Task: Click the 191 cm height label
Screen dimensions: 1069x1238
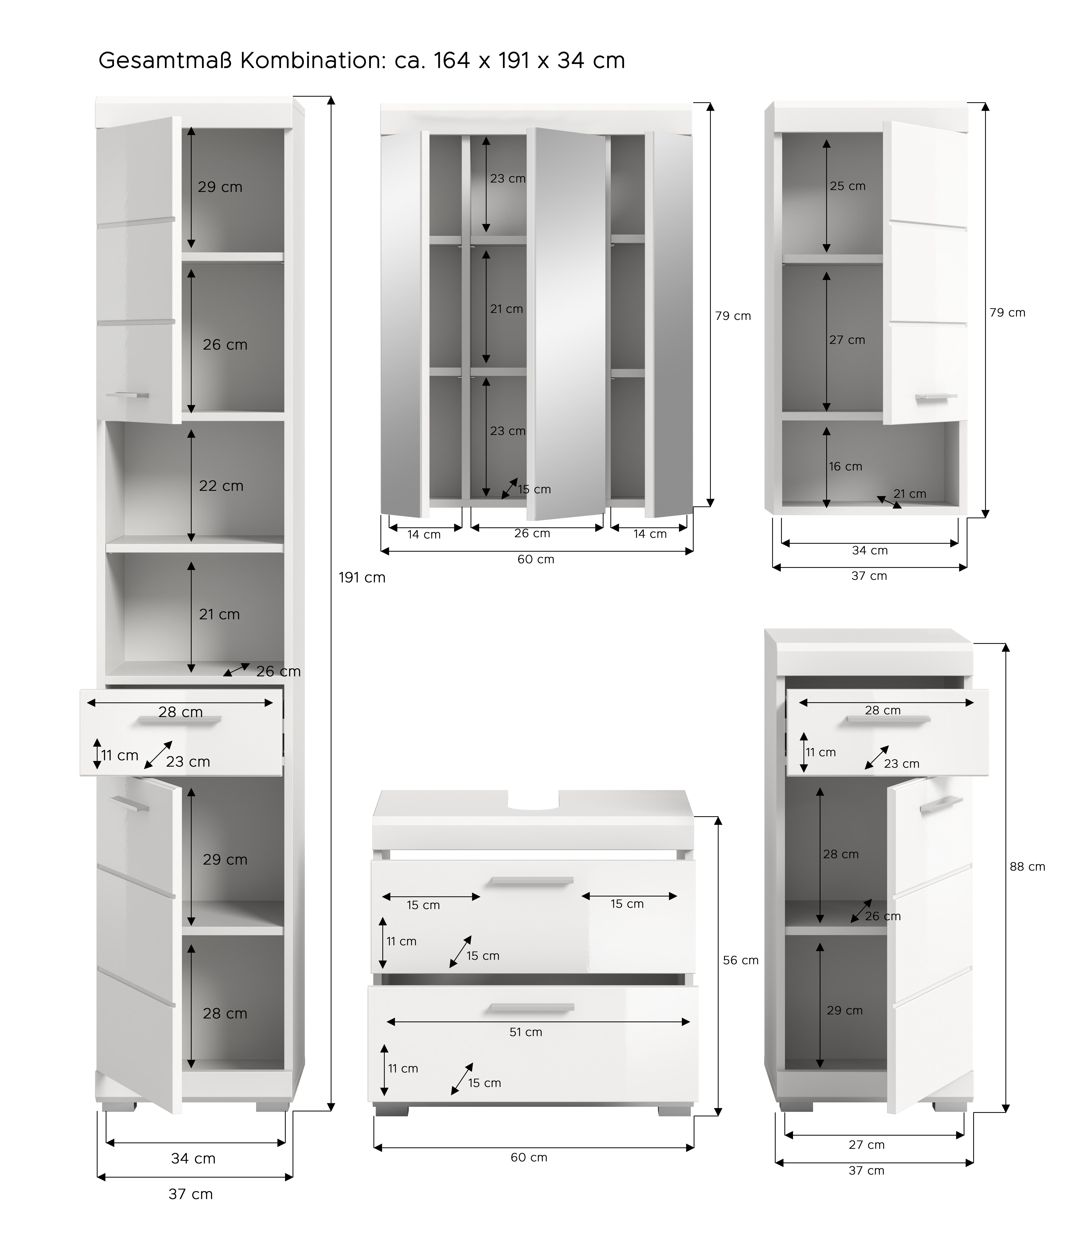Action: (362, 578)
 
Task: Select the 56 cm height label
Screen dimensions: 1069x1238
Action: (741, 960)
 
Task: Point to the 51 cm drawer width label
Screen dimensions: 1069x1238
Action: (526, 1032)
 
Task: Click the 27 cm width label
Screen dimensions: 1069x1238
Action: (867, 1145)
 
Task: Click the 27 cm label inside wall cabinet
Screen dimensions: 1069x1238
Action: (847, 340)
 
